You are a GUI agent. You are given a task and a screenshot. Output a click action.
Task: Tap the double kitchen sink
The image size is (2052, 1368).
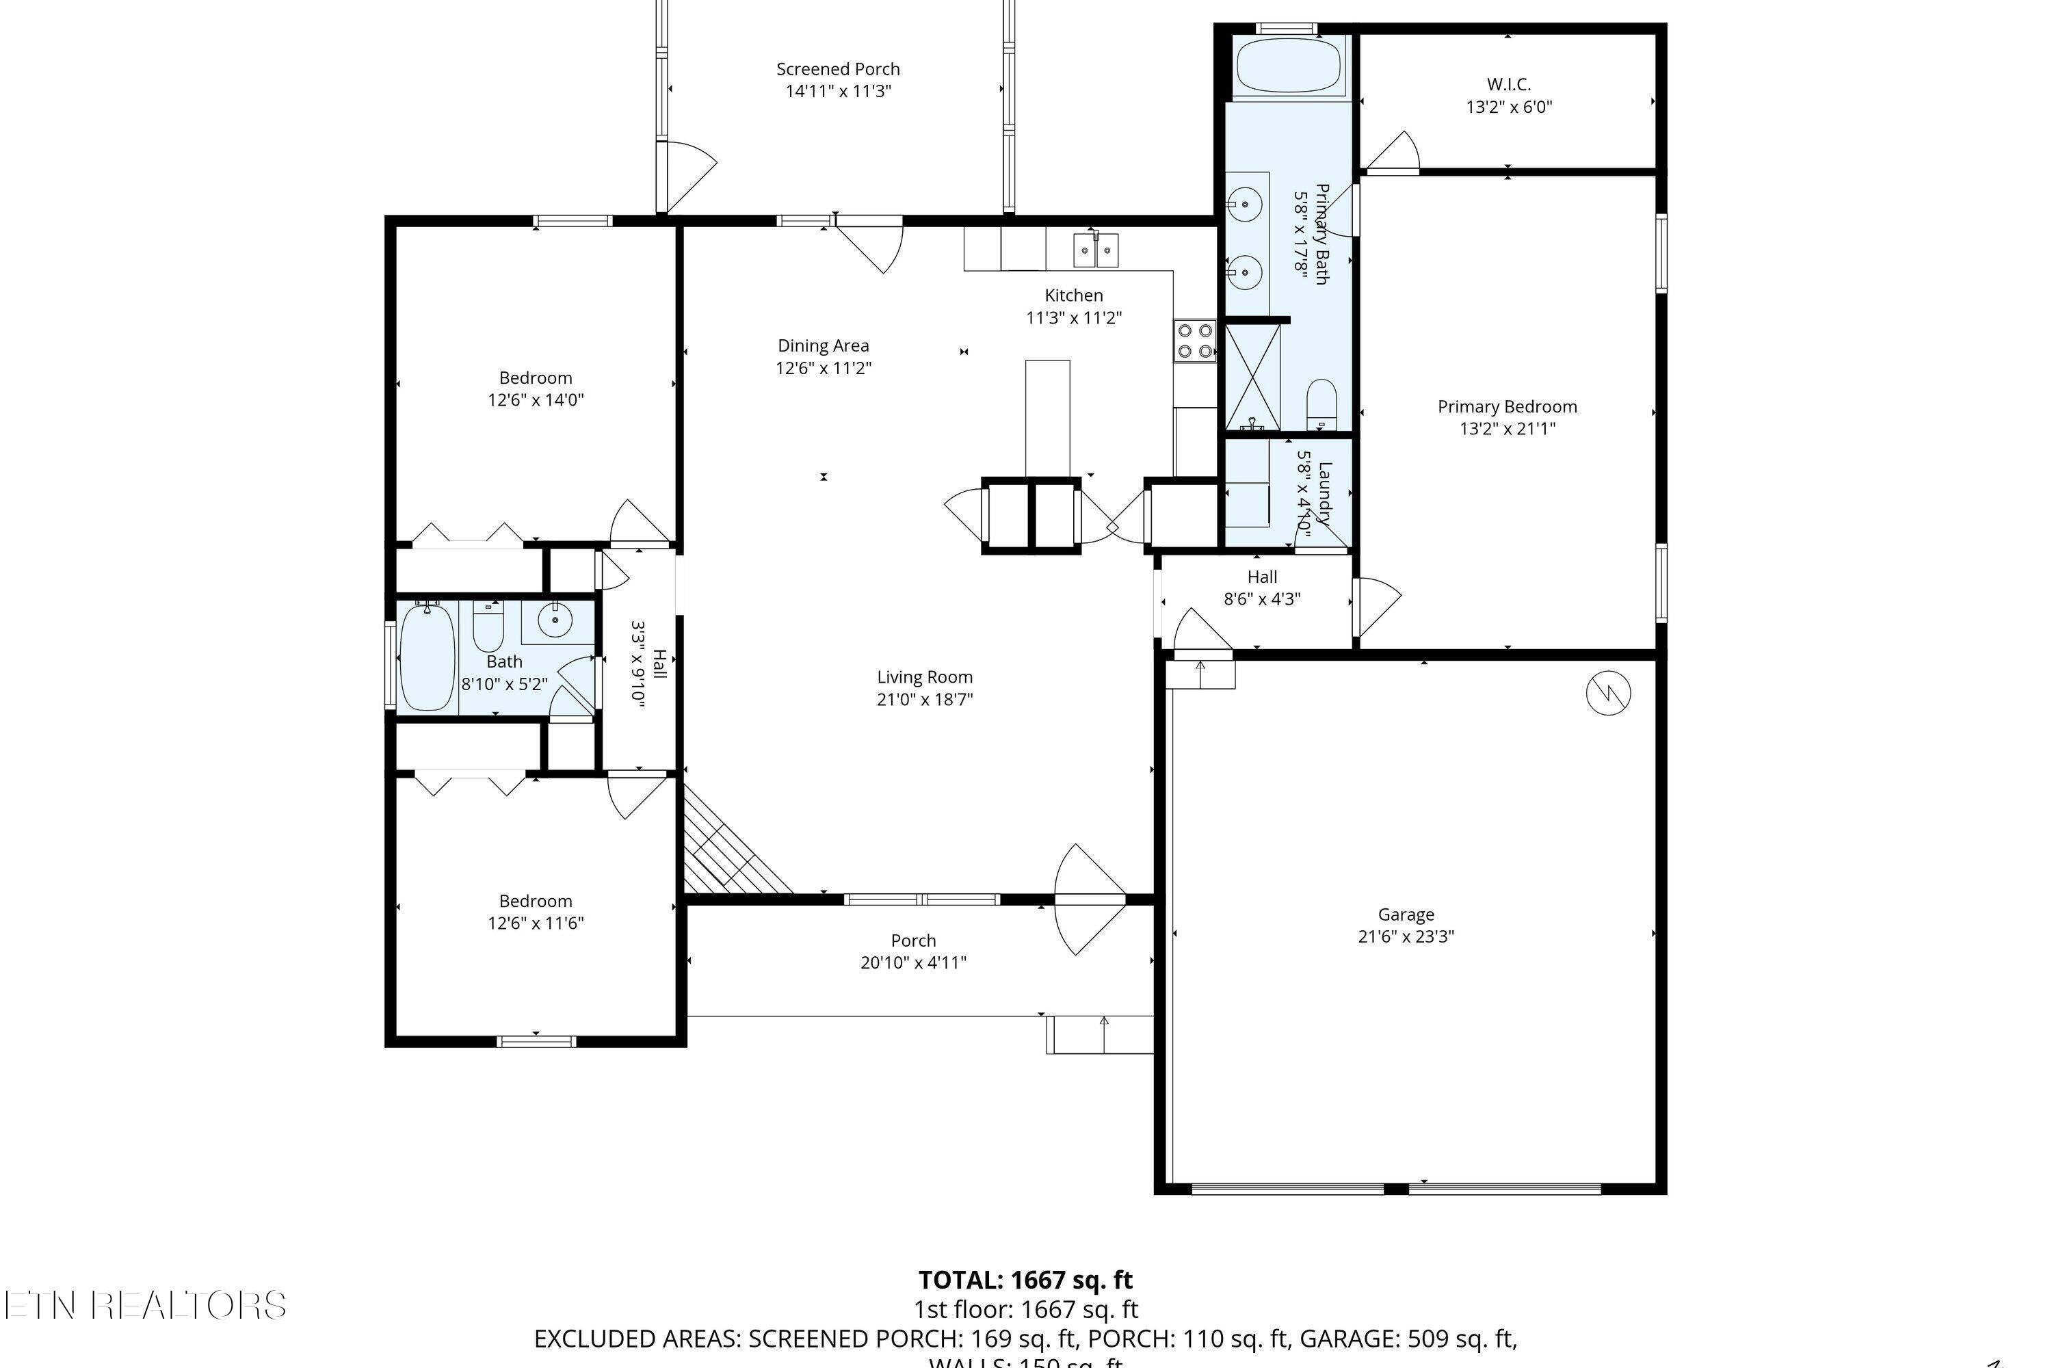point(1096,251)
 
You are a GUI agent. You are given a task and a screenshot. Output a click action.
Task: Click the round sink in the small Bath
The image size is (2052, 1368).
point(555,620)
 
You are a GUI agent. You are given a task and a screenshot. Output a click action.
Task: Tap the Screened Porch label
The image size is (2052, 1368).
point(837,69)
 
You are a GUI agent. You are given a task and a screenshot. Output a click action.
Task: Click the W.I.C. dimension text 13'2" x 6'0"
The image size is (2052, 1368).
point(1508,107)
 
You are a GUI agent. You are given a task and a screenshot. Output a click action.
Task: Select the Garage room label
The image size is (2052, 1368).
point(1406,915)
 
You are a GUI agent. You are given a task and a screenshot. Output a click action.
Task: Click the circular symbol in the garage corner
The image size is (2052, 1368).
point(1607,694)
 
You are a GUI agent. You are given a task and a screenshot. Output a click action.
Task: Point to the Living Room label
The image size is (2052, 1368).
point(924,677)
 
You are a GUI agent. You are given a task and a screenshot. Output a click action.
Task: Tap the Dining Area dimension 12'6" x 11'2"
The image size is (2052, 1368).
point(823,368)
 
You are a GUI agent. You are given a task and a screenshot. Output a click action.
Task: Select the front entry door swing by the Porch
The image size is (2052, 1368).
point(1089,899)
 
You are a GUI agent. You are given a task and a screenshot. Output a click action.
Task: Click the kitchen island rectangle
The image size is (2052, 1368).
point(1047,417)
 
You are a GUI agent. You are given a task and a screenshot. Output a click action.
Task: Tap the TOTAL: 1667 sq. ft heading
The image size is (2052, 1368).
point(1025,1280)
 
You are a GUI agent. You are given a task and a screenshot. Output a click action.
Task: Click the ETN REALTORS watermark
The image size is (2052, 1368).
point(145,1305)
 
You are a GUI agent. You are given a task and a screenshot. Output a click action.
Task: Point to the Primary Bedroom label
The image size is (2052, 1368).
point(1507,406)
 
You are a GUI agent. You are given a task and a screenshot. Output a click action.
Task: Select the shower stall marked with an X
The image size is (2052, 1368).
point(1253,377)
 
